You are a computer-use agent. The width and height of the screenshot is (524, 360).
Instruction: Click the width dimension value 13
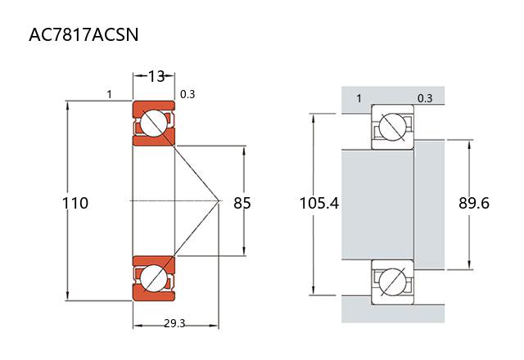coord(156,76)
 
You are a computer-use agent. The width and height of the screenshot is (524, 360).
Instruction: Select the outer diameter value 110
coord(75,202)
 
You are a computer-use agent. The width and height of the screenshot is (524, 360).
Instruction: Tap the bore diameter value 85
coord(242,202)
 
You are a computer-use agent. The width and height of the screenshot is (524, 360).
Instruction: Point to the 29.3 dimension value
coord(174,323)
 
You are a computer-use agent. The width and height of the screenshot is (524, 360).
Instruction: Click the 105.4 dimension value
coord(319,202)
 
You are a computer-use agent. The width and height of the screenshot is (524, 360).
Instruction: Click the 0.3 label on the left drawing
coord(187,94)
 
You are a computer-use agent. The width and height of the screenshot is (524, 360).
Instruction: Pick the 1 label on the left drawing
coord(109,94)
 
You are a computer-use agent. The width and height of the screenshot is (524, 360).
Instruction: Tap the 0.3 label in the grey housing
coord(425,98)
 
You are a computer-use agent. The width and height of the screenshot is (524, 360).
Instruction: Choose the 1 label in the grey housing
coord(359,98)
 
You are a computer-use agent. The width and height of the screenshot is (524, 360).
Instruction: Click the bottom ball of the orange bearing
coord(153,278)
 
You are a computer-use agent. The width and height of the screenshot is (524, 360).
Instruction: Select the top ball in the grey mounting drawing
coord(392,128)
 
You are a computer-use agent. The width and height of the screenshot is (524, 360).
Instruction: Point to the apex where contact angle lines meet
coord(219,200)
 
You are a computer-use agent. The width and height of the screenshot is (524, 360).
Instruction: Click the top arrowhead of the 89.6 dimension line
coord(469,142)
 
